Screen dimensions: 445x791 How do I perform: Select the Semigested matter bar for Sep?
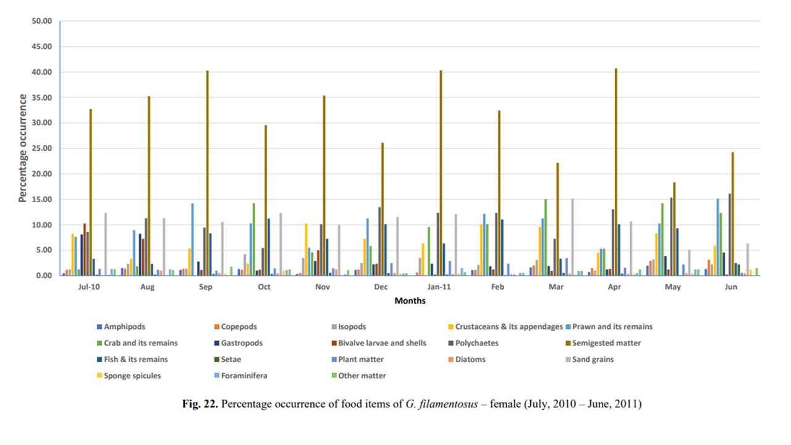coord(208,173)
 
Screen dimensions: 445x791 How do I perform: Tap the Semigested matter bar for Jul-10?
coord(90,192)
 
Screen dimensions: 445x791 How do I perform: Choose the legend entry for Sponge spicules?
coord(133,375)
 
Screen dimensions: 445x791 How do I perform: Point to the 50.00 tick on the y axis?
coord(41,22)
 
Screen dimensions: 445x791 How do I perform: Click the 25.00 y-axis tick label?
coord(41,148)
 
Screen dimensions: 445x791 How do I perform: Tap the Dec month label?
coord(382,287)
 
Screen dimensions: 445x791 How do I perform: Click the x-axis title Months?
coord(410,301)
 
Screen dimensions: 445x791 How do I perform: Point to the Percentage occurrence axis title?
coord(22,148)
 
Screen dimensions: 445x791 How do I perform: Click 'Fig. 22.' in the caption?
coord(200,404)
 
